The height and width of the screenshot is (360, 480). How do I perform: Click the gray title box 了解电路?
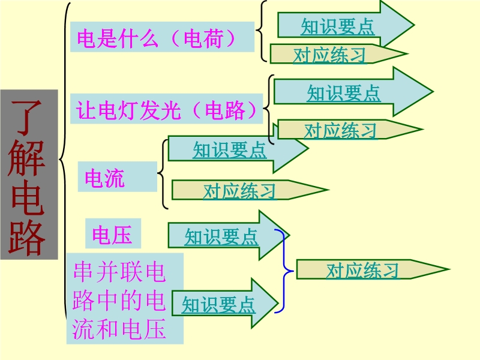coord(29,175)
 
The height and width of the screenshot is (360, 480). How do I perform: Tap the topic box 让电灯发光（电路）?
coord(167,109)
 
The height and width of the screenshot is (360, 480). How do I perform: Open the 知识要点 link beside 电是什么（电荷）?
coord(337,26)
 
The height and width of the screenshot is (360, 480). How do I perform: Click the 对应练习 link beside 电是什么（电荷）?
coord(329,55)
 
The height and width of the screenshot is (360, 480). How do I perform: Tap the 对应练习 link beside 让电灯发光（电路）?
coord(340,130)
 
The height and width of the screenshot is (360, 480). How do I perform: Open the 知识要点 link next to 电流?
coord(229,149)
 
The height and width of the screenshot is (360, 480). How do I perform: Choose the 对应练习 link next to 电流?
coord(239,191)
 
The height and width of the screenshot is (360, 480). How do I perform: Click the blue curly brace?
coord(284,271)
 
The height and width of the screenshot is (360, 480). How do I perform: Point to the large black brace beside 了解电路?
coord(64,159)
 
